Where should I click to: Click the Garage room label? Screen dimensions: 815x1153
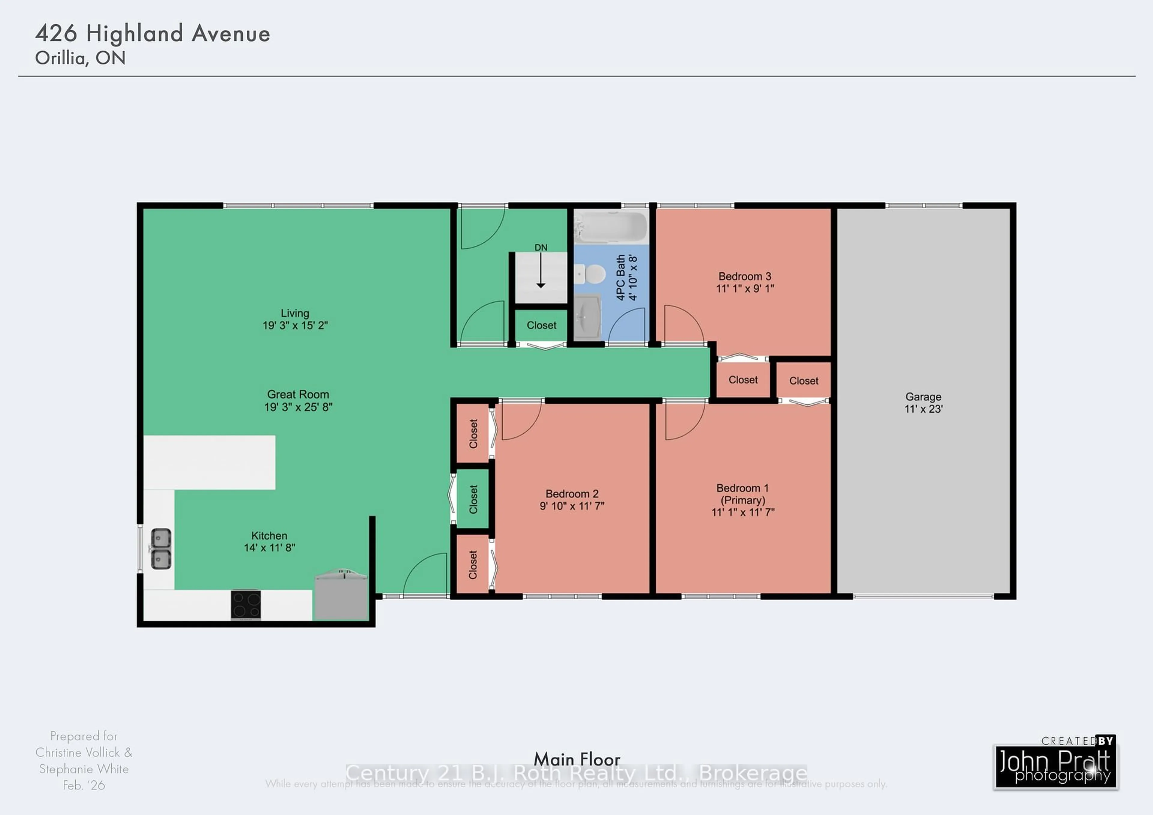pos(923,397)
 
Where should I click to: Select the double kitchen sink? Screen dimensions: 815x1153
pos(161,549)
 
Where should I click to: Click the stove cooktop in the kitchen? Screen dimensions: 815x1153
pos(246,604)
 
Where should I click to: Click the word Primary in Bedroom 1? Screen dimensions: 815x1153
pos(743,500)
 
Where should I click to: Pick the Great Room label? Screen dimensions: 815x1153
pos(298,395)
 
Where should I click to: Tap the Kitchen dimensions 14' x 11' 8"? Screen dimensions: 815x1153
pos(270,548)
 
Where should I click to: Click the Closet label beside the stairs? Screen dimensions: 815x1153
pos(541,326)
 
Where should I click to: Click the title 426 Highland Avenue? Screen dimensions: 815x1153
pos(153,34)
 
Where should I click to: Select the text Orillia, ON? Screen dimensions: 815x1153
pos(80,58)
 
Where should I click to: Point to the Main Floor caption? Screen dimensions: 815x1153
pos(576,759)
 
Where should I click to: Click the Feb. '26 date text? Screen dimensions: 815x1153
pos(84,785)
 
